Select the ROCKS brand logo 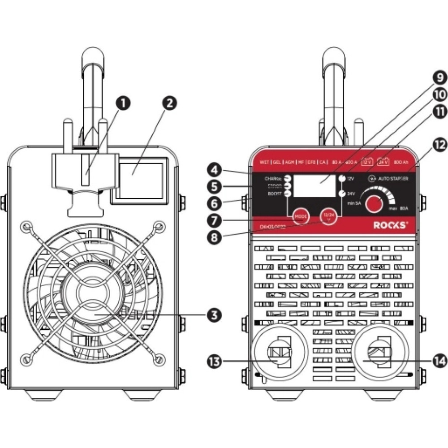391,225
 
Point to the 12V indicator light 343,178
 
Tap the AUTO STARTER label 392,178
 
